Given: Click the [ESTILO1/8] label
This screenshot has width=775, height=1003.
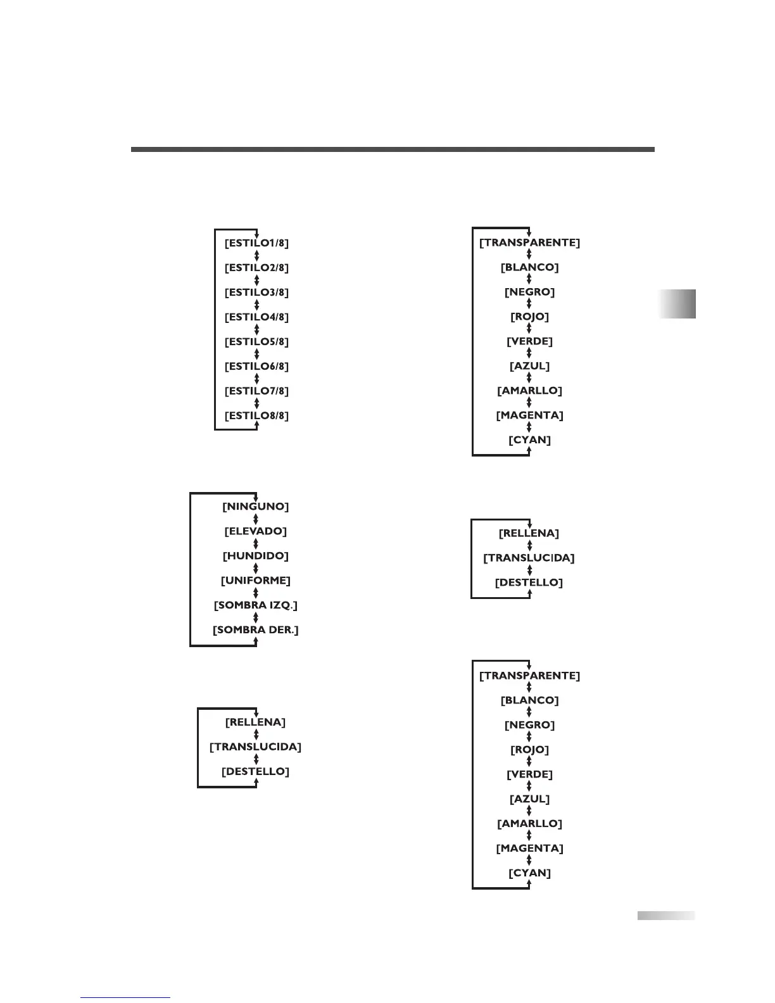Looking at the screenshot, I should tap(256, 243).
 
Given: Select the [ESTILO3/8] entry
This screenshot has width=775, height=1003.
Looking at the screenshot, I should tap(256, 292).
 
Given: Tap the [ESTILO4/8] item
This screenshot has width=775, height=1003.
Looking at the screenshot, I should tap(256, 317).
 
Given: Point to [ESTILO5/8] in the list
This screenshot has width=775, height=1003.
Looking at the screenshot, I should tap(256, 341).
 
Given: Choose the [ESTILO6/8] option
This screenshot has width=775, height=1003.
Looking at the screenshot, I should tap(256, 366).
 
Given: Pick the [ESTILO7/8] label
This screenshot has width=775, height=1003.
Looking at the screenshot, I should tap(256, 391).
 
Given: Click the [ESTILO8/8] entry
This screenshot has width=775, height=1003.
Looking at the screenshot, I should tap(256, 415).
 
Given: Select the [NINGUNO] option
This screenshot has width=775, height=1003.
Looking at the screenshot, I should tap(255, 507).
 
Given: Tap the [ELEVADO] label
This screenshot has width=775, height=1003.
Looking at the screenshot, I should tap(255, 531).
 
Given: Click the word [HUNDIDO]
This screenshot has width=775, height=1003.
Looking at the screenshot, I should tap(255, 555).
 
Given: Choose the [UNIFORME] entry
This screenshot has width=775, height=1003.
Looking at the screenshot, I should tap(255, 580).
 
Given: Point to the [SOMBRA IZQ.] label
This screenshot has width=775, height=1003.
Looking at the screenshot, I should tap(255, 605).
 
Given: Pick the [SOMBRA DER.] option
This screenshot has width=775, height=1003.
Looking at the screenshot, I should tap(255, 629).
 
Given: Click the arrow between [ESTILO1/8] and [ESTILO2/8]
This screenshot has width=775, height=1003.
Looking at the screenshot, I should tap(256, 255).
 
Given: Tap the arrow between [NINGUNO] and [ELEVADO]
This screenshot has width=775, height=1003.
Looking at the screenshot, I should tap(256, 519).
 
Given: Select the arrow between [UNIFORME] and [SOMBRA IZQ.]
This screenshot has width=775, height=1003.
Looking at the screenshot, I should tap(256, 593).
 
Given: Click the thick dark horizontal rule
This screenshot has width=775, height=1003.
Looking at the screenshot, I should tap(393, 149).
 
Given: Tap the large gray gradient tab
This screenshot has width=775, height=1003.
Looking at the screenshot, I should tap(677, 303).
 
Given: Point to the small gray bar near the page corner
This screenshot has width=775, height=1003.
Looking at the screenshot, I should tap(665, 915).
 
